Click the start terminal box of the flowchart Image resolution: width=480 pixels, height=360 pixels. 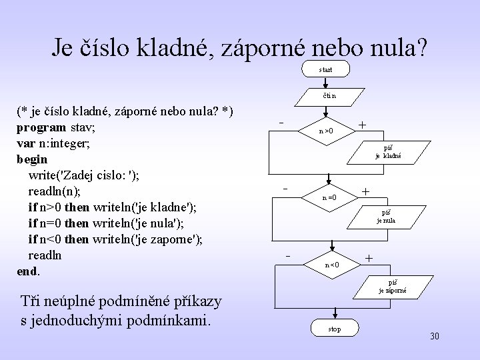(325, 69)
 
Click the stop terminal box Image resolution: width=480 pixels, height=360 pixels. (335, 329)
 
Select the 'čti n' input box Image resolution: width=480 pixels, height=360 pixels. (325, 99)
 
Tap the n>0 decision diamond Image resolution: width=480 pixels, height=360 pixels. (325, 131)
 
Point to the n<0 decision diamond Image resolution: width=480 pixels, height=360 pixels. (332, 264)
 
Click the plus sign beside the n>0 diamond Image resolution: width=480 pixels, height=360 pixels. (362, 125)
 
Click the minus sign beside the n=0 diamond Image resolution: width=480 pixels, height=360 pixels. (285, 189)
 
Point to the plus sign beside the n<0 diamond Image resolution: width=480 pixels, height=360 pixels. (369, 258)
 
